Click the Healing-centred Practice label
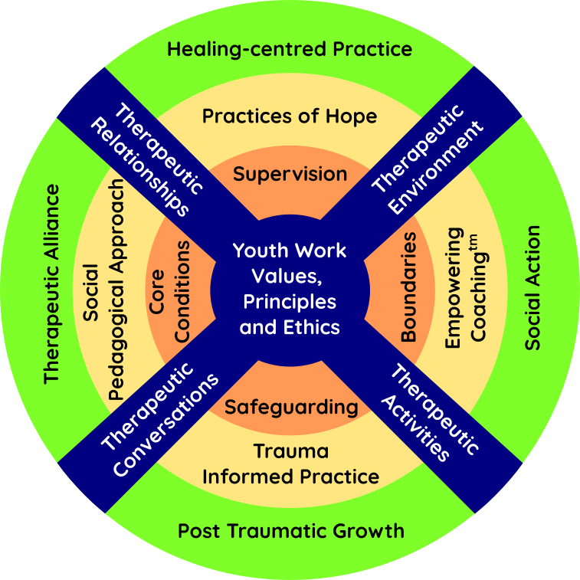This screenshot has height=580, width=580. coord(290,50)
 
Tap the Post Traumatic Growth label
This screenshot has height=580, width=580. coord(290,530)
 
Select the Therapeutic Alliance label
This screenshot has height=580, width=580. coord(51,283)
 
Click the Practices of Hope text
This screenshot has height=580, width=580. coord(290,116)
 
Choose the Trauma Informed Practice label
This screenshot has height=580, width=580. coord(290,464)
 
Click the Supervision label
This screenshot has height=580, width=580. coord(290,173)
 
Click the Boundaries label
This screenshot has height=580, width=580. coord(409,287)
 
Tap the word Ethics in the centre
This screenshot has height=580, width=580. coord(313,327)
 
